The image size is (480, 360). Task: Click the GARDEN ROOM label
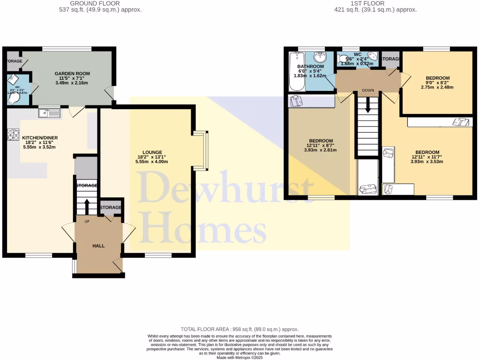coord(72,74)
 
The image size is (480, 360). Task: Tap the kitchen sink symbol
coord(49,112)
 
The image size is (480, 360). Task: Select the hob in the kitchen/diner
coord(12,135)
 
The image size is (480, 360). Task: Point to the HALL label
coord(98,246)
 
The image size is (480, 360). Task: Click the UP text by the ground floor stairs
coord(87,221)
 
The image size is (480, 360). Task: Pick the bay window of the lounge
coord(201,150)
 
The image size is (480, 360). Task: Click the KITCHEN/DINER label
coord(40,138)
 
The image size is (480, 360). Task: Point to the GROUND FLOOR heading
coord(95,3)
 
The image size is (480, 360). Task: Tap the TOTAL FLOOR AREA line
coord(240,330)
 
